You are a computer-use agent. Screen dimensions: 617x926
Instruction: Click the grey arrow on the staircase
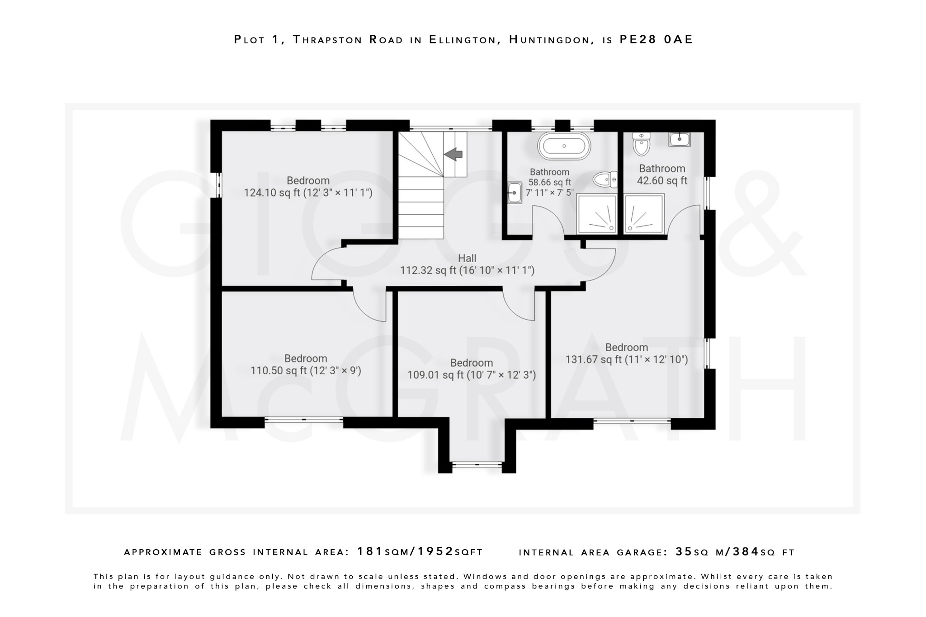coord(454,154)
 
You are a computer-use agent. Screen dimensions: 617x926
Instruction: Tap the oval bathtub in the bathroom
coord(564,146)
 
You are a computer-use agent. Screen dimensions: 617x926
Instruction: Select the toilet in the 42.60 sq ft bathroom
coord(641,144)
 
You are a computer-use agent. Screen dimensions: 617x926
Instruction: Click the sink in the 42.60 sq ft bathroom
coord(680,139)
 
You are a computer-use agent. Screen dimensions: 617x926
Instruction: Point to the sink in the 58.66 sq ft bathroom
coord(515,193)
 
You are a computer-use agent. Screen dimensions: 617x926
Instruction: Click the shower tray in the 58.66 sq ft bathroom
coord(597,214)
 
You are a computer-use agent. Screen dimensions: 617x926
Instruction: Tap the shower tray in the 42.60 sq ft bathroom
coord(644,214)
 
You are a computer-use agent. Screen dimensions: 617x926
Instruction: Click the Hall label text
coord(467,259)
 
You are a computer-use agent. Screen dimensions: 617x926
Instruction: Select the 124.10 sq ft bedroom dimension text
coord(308,193)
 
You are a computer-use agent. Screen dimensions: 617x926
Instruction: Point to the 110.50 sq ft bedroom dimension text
coord(306,371)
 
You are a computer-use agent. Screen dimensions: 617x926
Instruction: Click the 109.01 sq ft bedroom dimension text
coord(472,375)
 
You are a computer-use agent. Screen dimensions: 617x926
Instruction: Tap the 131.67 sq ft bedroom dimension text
coord(627,360)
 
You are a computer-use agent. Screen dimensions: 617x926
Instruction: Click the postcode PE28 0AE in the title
coord(656,40)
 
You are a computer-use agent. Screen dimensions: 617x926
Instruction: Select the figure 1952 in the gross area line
coord(435,551)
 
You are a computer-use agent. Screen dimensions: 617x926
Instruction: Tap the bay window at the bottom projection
coord(477,464)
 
